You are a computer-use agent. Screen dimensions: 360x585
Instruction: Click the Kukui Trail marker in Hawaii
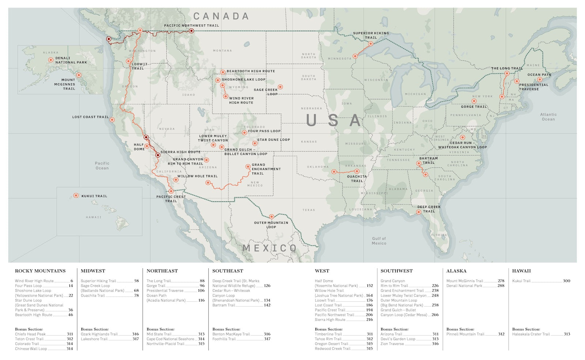76,196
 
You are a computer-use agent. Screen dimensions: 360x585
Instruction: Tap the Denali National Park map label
71,60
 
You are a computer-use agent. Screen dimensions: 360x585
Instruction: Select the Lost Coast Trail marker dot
112,120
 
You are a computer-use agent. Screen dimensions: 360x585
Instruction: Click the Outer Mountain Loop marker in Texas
271,217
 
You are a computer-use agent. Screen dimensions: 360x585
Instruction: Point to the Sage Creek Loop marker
280,87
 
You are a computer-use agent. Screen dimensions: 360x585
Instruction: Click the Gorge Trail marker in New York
474,101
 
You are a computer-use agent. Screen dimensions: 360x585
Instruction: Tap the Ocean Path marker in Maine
540,79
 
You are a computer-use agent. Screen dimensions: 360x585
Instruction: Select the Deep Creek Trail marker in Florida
419,212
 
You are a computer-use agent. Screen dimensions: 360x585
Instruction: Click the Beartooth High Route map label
250,71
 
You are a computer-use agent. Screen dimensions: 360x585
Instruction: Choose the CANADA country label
221,16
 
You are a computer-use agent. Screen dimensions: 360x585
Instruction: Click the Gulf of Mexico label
379,241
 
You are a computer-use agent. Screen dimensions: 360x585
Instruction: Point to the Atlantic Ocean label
548,117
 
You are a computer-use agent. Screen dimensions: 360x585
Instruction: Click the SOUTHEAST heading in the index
227,271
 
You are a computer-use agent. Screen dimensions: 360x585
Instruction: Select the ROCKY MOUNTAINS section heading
40,271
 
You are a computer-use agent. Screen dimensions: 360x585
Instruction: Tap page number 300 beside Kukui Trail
566,281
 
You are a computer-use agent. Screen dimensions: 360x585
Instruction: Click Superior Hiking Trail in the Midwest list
98,281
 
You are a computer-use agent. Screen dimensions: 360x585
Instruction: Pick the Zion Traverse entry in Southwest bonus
392,344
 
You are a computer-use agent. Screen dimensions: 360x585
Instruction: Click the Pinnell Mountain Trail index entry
465,334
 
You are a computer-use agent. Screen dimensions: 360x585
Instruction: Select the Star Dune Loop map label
273,140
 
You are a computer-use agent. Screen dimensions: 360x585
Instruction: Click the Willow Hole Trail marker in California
175,180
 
